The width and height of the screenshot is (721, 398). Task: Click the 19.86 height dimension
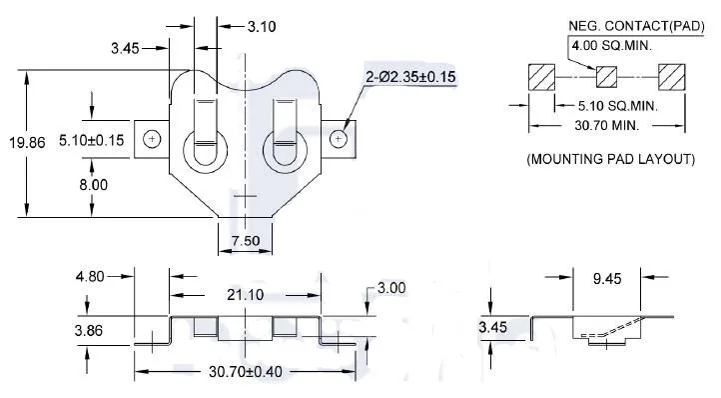27,143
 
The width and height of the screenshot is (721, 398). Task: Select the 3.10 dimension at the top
262,27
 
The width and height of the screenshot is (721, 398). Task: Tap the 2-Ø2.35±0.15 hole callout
410,76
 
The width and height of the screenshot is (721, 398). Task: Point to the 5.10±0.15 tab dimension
92,140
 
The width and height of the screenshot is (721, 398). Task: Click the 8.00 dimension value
93,185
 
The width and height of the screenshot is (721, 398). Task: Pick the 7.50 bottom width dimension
246,240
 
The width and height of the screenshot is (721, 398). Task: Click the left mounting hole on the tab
152,139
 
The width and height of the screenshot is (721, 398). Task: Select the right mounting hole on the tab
339,139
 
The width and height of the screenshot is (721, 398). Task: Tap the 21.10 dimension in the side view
245,295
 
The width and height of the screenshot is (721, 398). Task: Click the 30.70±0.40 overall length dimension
246,372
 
